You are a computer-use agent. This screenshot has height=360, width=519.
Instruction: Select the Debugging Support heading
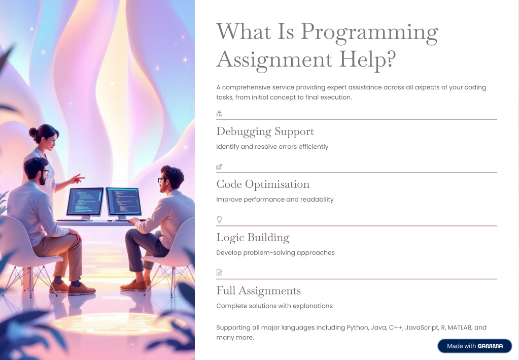pyautogui.click(x=265, y=132)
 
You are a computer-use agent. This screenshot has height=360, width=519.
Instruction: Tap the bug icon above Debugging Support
pyautogui.click(x=219, y=114)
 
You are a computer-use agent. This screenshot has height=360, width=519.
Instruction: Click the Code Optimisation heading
pyautogui.click(x=262, y=184)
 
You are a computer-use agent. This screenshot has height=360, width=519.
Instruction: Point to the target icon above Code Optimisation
pyautogui.click(x=219, y=167)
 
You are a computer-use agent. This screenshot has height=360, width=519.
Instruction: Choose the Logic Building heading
pyautogui.click(x=253, y=238)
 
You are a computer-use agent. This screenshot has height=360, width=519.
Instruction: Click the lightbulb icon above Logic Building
pyautogui.click(x=219, y=219)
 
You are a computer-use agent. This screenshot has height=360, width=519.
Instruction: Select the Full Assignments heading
pyautogui.click(x=258, y=291)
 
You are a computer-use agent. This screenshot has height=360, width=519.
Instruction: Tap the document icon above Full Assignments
pyautogui.click(x=219, y=273)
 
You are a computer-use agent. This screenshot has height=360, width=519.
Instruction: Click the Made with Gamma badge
pyautogui.click(x=474, y=346)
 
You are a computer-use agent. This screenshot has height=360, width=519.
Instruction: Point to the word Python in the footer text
pyautogui.click(x=357, y=328)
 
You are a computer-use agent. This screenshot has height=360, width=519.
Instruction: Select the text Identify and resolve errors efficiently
pyautogui.click(x=272, y=147)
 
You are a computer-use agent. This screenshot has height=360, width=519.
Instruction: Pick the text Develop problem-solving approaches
pyautogui.click(x=275, y=253)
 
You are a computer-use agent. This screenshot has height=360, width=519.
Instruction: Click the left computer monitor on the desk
pyautogui.click(x=85, y=202)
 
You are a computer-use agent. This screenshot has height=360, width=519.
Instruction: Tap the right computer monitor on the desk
pyautogui.click(x=123, y=201)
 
